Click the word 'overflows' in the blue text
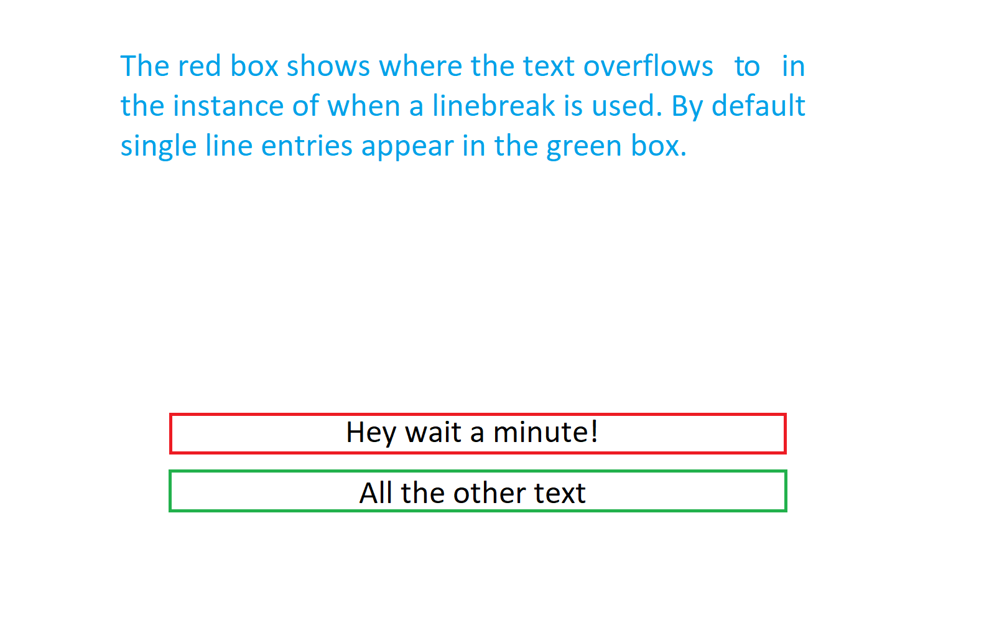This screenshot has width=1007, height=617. coord(648,66)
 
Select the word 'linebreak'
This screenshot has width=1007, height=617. coord(494,106)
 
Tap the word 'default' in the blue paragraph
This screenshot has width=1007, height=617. coord(758,106)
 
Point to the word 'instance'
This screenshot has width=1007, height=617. coord(228,106)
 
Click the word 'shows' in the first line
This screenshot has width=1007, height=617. coord(328,66)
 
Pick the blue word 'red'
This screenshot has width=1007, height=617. coord(199,66)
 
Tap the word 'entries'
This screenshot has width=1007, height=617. coord(307,146)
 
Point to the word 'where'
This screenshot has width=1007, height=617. coord(420,66)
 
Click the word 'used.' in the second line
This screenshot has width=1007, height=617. coord(627,106)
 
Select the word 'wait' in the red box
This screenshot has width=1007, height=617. coord(433,432)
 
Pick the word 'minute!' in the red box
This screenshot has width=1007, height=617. coord(545,432)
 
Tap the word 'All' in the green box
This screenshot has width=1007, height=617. coord(376,492)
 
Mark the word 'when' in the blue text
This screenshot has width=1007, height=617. coord(364,106)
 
